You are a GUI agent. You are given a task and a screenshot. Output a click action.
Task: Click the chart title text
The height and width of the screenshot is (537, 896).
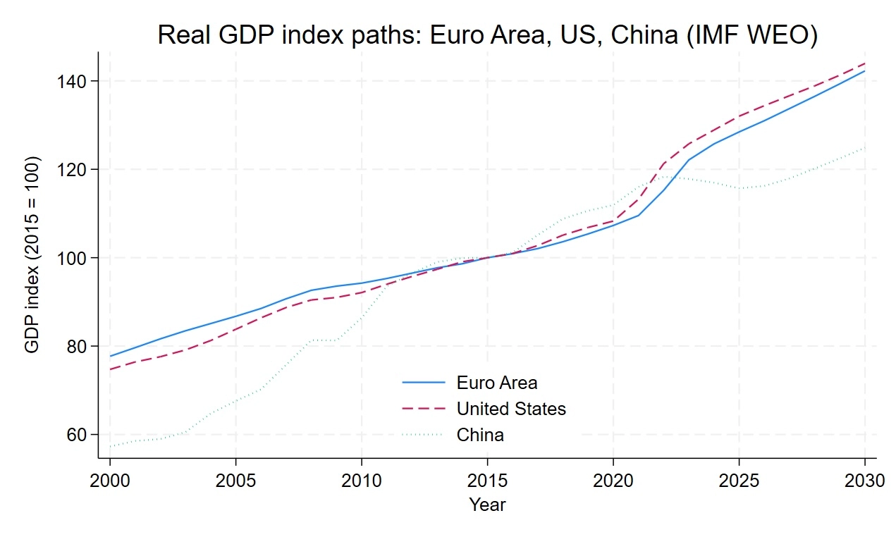coord(487,35)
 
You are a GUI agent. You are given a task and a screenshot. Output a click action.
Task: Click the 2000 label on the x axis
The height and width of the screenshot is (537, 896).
coord(110,481)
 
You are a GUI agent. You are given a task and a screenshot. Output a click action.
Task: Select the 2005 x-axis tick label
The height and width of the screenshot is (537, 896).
coord(235,481)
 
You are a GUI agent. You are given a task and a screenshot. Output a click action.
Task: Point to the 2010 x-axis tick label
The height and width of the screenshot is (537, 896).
coord(362,481)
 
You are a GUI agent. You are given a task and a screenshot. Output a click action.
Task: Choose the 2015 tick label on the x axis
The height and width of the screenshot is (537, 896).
coord(487,481)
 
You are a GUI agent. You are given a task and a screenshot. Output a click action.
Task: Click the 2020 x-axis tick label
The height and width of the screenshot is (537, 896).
coord(613,481)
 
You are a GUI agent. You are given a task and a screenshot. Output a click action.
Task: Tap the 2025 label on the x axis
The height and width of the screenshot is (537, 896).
coord(739,481)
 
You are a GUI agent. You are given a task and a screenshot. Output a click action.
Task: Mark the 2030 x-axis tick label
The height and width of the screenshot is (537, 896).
coord(865,481)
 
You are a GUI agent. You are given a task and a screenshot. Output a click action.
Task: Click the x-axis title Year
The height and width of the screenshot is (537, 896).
coord(487,505)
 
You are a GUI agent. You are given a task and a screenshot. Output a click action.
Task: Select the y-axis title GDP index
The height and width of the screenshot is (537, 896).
coord(32,255)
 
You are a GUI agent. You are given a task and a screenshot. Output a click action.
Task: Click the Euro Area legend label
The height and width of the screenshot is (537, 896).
coord(496,383)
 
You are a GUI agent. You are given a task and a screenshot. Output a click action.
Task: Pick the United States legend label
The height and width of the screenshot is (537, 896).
coord(511,409)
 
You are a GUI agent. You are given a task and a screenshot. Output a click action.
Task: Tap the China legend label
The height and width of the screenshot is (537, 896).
coord(480,435)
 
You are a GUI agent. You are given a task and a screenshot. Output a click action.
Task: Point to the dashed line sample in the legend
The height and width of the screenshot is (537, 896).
coord(424,409)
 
